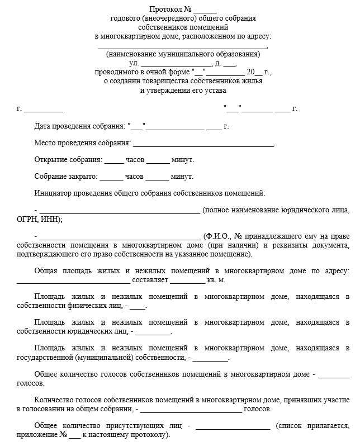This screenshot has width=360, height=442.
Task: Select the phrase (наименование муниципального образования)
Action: [183, 55]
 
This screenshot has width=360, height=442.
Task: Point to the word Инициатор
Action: [54, 193]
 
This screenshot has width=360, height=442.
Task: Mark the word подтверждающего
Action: [51, 254]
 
